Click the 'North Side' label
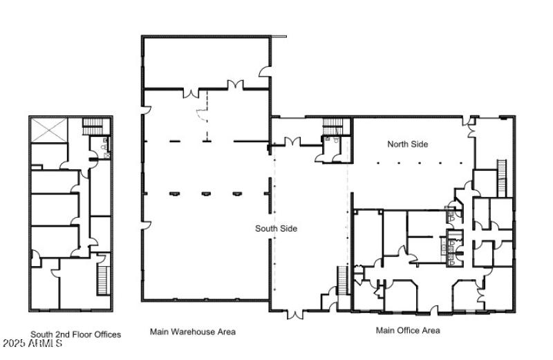[x=407, y=144]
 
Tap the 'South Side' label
[x=276, y=229]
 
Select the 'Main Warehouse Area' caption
[x=192, y=332]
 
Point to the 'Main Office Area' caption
[x=408, y=330]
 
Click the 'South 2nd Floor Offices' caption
[x=75, y=334]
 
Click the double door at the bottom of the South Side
[x=295, y=314]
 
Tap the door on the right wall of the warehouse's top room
[x=265, y=70]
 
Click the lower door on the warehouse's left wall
[x=146, y=225]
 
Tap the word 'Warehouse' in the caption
[x=192, y=332]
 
